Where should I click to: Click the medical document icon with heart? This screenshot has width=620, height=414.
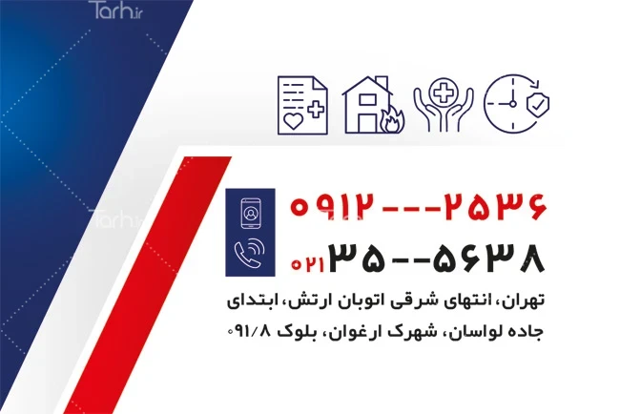(303, 105)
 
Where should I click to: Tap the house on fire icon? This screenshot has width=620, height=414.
(373, 104)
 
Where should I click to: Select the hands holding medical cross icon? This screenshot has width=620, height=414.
(444, 104)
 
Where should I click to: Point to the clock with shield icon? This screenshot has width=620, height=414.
(516, 104)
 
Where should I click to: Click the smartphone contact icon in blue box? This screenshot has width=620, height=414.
(251, 214)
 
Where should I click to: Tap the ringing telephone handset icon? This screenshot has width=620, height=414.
(250, 253)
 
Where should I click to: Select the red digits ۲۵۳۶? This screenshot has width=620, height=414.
(495, 206)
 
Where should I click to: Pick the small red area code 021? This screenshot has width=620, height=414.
(308, 264)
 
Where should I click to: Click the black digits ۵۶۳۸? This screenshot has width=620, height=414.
(489, 258)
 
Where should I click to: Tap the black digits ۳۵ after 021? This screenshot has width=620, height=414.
(357, 258)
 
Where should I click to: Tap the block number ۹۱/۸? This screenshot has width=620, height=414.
(249, 331)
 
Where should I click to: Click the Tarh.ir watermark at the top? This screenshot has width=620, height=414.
(115, 10)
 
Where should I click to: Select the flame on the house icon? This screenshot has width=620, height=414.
(392, 119)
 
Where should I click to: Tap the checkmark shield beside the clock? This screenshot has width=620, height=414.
(538, 104)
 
